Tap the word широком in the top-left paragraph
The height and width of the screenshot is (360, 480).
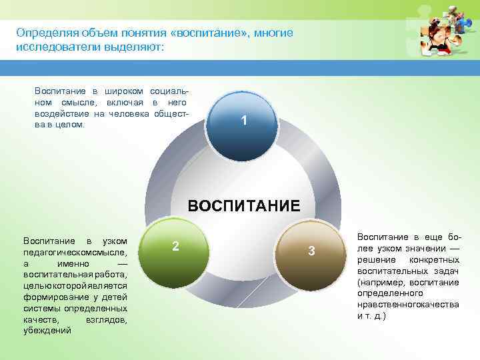(125, 90)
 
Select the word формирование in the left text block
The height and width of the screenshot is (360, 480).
(53, 297)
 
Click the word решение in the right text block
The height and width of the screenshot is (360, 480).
(375, 259)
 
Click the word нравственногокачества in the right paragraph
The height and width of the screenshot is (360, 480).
(408, 304)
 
